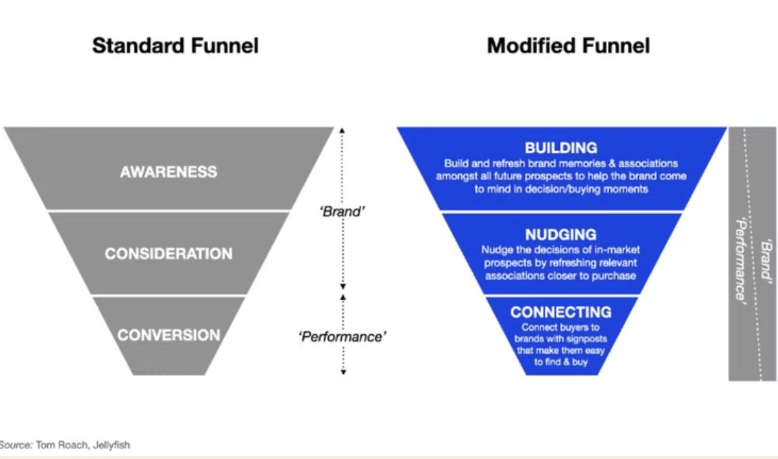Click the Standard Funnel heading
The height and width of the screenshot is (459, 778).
(175, 46)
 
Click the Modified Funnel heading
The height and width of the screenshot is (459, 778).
(568, 46)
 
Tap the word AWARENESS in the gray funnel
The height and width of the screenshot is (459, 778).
(169, 171)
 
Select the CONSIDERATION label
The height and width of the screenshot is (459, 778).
(168, 254)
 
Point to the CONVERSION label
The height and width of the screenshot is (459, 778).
(168, 335)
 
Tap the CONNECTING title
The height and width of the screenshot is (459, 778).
(561, 312)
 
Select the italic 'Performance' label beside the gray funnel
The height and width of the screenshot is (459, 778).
(342, 335)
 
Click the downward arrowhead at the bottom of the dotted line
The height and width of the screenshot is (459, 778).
(343, 371)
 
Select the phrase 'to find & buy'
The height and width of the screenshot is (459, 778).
(561, 361)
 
